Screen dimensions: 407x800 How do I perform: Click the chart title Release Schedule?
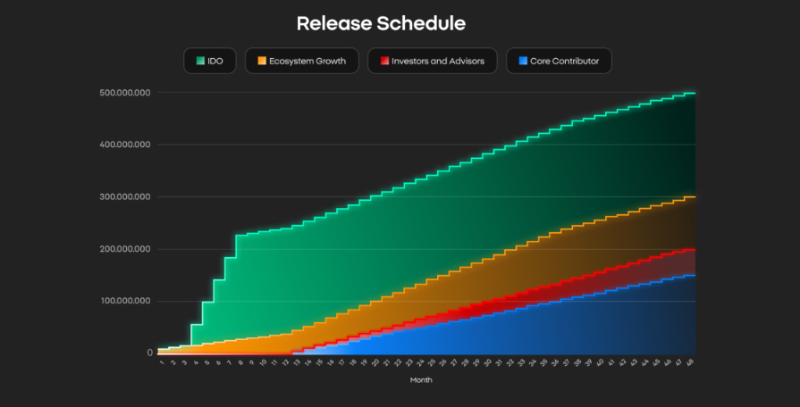(381, 23)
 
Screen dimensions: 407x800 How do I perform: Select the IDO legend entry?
(210, 62)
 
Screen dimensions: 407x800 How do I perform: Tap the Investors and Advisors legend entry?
(432, 62)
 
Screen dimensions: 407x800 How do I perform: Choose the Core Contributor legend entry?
(559, 62)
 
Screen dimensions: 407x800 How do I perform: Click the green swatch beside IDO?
(201, 62)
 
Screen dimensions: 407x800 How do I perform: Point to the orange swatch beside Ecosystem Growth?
(262, 62)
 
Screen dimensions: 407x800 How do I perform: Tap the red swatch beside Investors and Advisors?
(384, 62)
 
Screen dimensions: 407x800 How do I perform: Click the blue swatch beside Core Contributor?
(522, 62)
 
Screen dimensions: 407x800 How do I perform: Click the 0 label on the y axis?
(149, 353)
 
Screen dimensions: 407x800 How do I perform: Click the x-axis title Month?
(421, 380)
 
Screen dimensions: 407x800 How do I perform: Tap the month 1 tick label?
(162, 362)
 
